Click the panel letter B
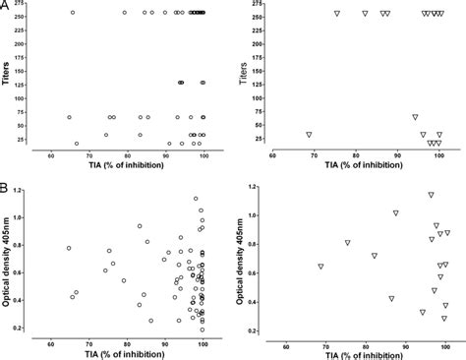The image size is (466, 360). (6, 185)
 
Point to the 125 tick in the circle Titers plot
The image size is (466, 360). (31, 83)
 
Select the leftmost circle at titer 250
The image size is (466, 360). (73, 13)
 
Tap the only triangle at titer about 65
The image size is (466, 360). (415, 117)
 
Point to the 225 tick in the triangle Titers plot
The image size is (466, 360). (261, 30)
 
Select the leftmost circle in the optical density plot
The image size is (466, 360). (69, 248)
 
